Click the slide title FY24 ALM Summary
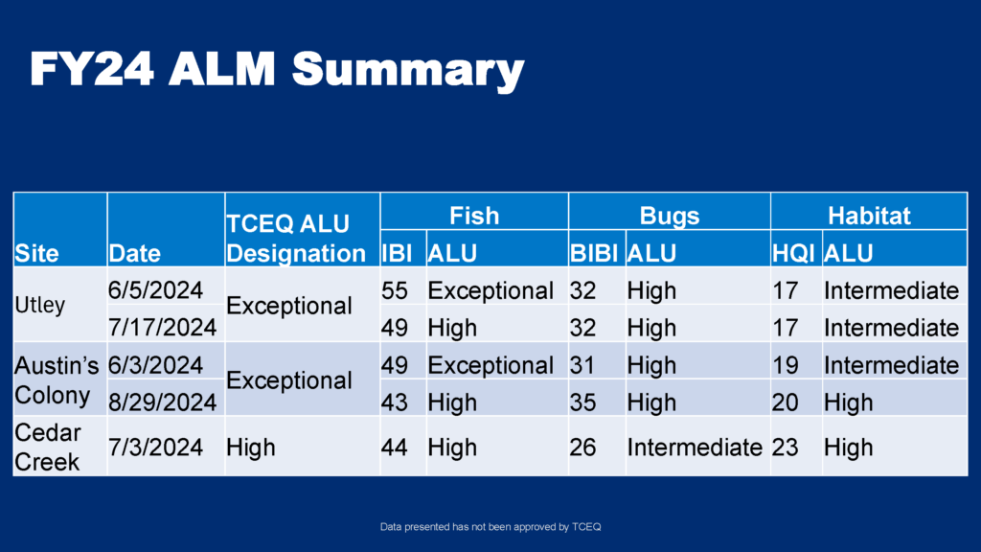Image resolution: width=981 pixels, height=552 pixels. coord(277,69)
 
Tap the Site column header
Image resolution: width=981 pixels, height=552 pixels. coord(37,253)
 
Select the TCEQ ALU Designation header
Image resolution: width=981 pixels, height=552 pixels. coord(296,239)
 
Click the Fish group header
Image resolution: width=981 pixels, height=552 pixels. coord(474,216)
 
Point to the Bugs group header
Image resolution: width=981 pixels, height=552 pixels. coord(669,216)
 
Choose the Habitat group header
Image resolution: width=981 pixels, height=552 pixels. coord(869,216)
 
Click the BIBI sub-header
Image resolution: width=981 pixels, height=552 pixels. coord(594,253)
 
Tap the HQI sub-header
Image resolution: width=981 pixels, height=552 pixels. coord(793,253)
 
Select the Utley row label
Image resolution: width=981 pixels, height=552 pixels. coord(40,305)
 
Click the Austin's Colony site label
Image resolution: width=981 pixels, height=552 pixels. coord(57,380)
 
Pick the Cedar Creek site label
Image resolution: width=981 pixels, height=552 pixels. coord(48,448)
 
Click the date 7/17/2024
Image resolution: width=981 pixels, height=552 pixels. coord(163,328)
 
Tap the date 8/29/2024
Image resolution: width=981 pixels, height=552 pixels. coord(163,402)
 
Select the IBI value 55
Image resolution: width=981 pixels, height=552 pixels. coord(395,291)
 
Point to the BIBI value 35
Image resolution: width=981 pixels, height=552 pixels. coord(582,402)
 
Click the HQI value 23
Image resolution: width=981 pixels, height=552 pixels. coord(786,448)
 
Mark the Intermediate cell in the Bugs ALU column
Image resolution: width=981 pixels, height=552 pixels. coord(695,448)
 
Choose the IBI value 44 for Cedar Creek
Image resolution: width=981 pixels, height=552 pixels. coord(395,448)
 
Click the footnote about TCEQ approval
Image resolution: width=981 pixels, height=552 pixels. coord(490,527)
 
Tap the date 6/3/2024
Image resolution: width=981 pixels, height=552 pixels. coord(156,365)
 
